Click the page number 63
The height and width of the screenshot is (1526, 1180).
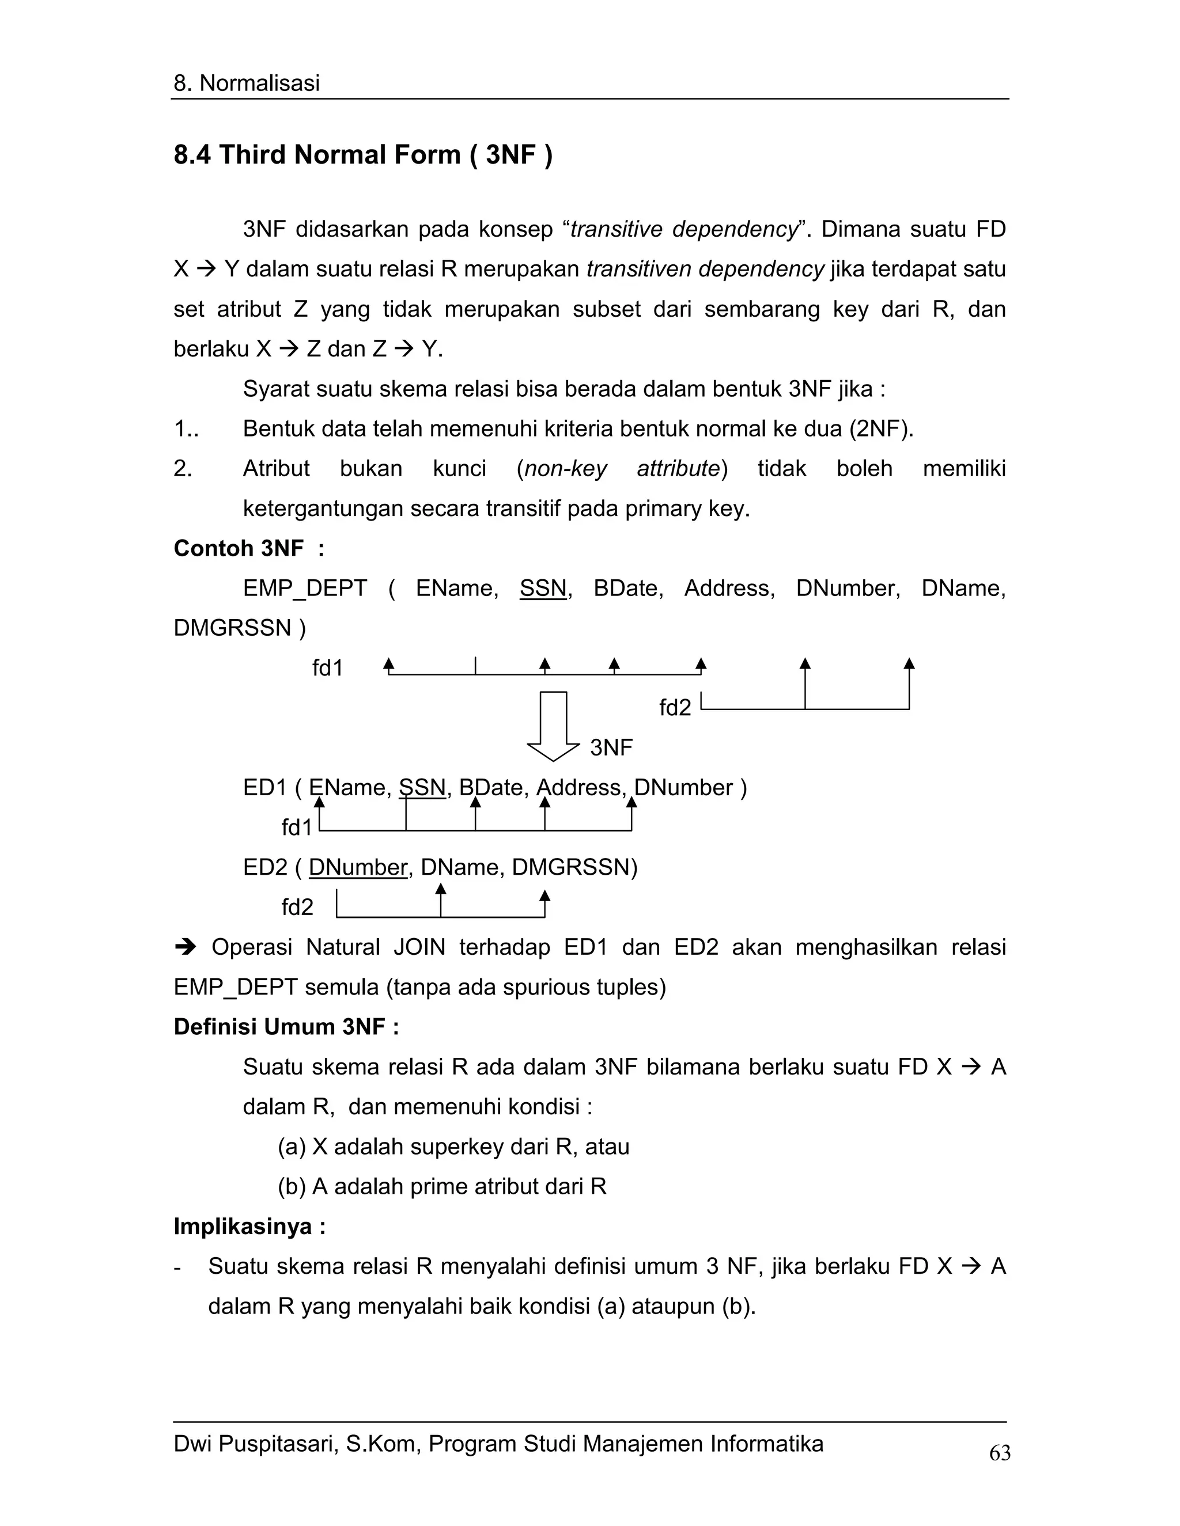tap(999, 1453)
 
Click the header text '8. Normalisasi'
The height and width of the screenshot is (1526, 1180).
tap(246, 83)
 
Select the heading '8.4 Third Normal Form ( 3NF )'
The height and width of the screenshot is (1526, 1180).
tap(363, 154)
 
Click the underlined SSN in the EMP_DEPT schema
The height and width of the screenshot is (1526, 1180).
tap(542, 589)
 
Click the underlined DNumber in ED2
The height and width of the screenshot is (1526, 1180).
tap(357, 867)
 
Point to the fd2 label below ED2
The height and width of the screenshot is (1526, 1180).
tap(297, 908)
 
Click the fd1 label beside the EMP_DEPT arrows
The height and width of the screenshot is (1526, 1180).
tap(327, 669)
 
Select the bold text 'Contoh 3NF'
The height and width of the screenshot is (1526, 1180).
tap(238, 548)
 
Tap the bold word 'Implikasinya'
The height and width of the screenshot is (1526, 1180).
tap(242, 1226)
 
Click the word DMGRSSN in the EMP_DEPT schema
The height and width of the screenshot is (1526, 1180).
tap(232, 628)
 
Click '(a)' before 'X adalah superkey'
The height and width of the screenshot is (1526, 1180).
tap(291, 1147)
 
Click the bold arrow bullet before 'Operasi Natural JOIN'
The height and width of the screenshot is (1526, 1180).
tap(186, 947)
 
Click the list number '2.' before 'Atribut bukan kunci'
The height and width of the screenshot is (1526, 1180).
tap(183, 469)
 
